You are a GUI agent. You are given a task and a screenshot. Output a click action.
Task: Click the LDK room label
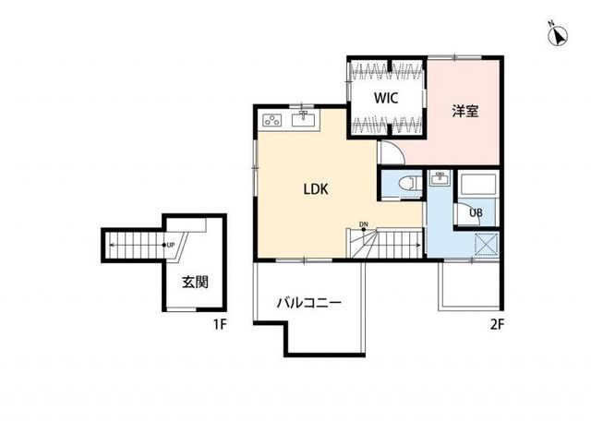[316, 189]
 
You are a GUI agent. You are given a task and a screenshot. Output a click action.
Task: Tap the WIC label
[386, 98]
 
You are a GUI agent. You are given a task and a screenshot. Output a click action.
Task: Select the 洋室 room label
[465, 111]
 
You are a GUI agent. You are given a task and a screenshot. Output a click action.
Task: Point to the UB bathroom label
[476, 213]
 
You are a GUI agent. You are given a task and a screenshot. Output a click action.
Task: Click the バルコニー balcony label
[309, 303]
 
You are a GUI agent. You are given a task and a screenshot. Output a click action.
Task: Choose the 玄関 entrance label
[195, 282]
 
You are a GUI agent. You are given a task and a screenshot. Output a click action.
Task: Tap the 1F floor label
[220, 324]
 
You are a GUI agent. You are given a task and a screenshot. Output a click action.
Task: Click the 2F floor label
[497, 324]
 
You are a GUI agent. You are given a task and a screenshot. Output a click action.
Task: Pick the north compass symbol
[558, 36]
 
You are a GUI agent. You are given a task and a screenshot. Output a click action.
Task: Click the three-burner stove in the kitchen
[272, 120]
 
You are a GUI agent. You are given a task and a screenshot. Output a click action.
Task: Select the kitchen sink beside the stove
[304, 119]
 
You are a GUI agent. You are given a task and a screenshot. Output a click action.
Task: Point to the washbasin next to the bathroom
[440, 178]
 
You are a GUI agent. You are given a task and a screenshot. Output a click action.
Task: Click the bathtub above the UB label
[477, 185]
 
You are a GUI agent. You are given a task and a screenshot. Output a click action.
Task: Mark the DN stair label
[363, 224]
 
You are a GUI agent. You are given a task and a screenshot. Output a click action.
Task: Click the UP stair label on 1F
[171, 246]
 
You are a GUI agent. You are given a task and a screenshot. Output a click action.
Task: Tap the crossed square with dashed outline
[487, 245]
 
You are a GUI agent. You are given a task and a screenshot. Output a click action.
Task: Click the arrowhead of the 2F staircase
[419, 245]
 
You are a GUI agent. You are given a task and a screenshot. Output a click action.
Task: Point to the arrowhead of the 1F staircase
[112, 246]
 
